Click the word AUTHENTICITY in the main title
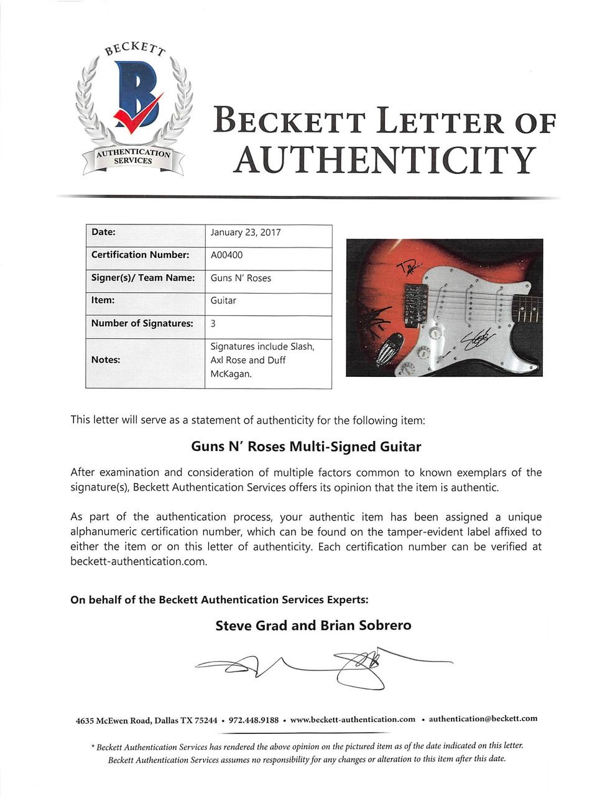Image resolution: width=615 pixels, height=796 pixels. (384, 160)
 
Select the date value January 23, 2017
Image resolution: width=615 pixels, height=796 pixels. (246, 233)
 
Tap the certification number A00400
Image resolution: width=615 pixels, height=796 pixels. (227, 255)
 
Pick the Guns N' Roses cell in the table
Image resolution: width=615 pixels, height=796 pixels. (241, 278)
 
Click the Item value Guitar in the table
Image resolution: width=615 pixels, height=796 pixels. (223, 300)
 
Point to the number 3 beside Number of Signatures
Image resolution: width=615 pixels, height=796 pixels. (213, 323)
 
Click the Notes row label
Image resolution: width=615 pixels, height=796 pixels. (106, 359)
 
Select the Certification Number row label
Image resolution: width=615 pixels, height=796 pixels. (140, 255)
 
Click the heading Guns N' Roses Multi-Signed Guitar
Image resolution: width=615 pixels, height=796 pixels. (306, 447)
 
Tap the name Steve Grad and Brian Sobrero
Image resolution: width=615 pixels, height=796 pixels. (313, 626)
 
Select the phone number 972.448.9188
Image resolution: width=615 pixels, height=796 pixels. (254, 720)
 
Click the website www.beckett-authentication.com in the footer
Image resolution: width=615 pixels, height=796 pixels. (353, 720)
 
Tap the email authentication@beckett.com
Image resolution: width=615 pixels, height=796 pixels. (483, 719)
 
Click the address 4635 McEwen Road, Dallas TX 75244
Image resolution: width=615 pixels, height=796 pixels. (146, 720)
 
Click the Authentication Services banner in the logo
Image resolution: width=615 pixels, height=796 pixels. (132, 157)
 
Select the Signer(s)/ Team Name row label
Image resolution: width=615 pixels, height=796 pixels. (143, 278)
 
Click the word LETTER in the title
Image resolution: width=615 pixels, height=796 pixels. (440, 122)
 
